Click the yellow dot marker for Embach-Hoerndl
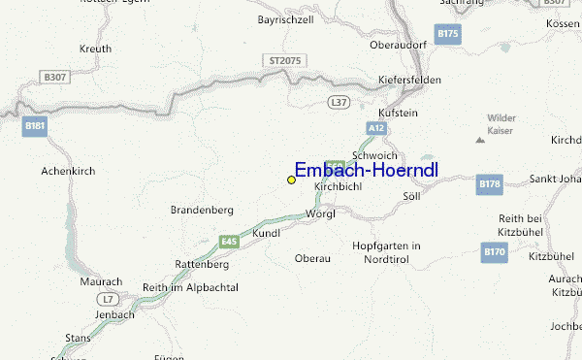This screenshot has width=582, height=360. pyautogui.click(x=291, y=180)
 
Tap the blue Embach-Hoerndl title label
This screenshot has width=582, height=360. pyautogui.click(x=366, y=171)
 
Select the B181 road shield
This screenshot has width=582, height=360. pyautogui.click(x=36, y=125)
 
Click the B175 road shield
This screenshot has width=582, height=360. pyautogui.click(x=447, y=34)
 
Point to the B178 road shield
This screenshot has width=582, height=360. pyautogui.click(x=489, y=182)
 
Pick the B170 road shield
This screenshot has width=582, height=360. pyautogui.click(x=495, y=252)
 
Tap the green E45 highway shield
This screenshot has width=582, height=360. pyautogui.click(x=229, y=241)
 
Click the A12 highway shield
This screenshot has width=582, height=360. pyautogui.click(x=377, y=128)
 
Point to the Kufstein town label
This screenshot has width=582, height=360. pyautogui.click(x=398, y=113)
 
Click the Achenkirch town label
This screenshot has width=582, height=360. pyautogui.click(x=66, y=171)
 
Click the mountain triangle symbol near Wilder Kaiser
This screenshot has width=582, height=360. pyautogui.click(x=479, y=140)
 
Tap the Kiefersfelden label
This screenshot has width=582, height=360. pyautogui.click(x=411, y=81)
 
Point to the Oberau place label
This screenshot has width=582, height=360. pyautogui.click(x=312, y=258)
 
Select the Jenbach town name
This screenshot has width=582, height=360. pyautogui.click(x=114, y=315)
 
